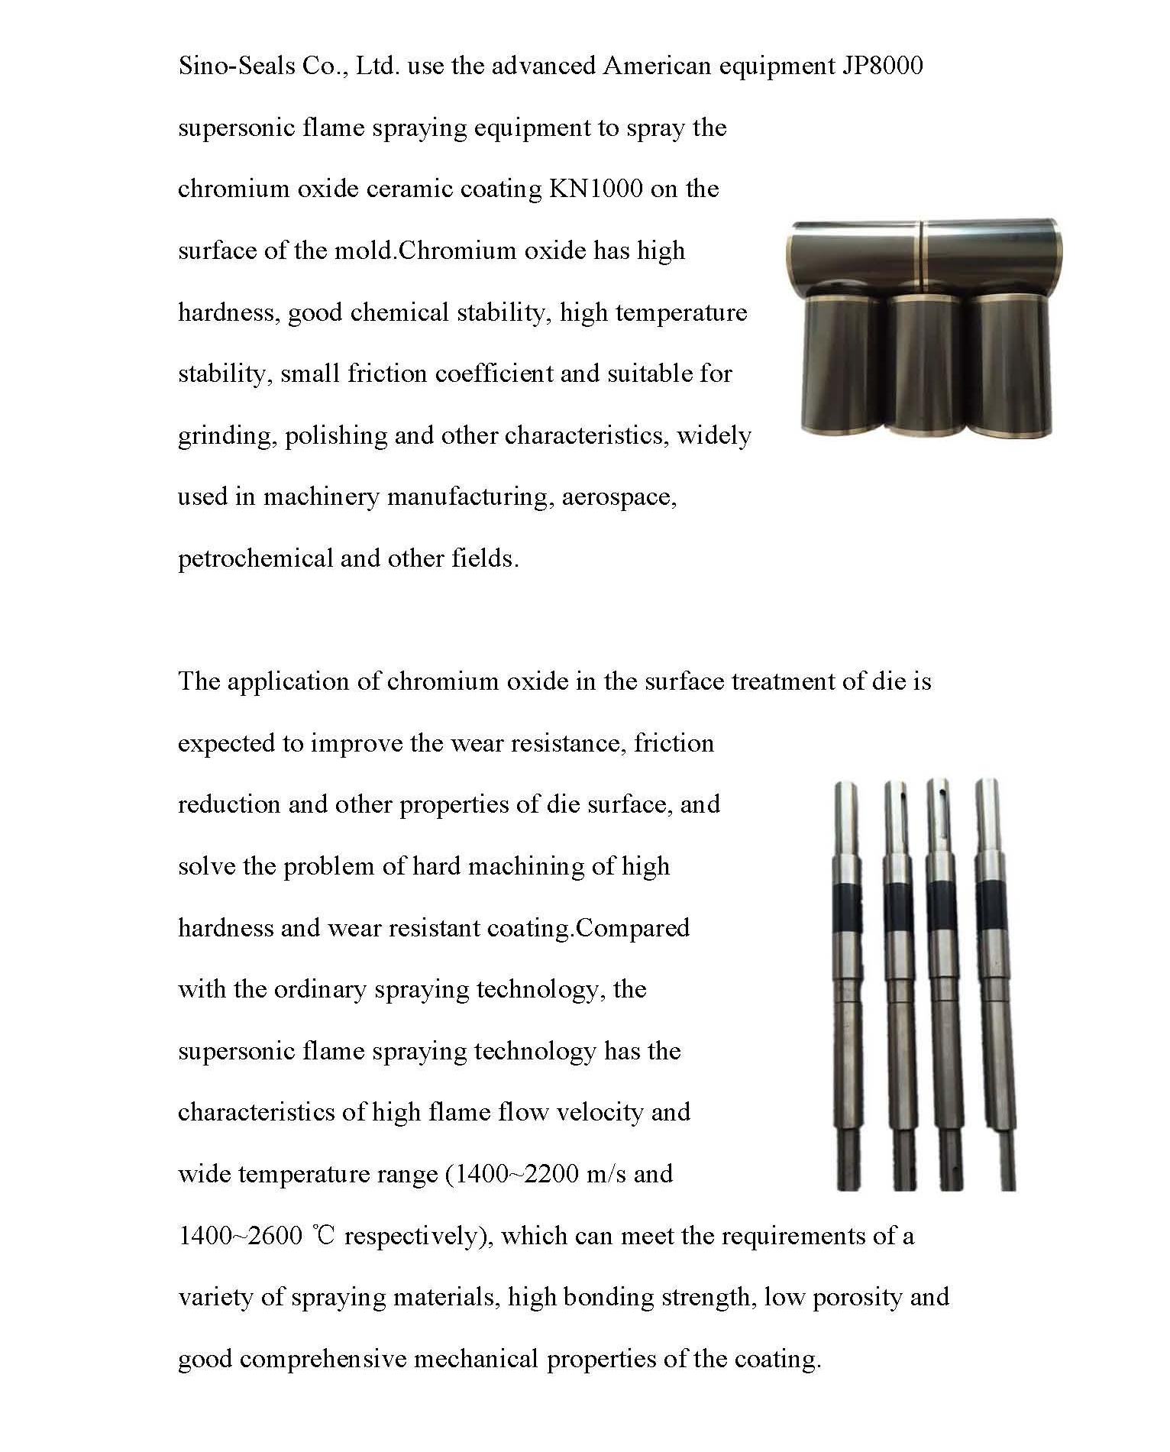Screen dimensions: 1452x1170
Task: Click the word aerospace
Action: click(619, 497)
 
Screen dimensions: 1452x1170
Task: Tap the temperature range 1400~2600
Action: click(240, 1236)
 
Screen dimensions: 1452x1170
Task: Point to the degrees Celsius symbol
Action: click(324, 1236)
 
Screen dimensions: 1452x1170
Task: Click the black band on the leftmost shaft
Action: click(847, 910)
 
